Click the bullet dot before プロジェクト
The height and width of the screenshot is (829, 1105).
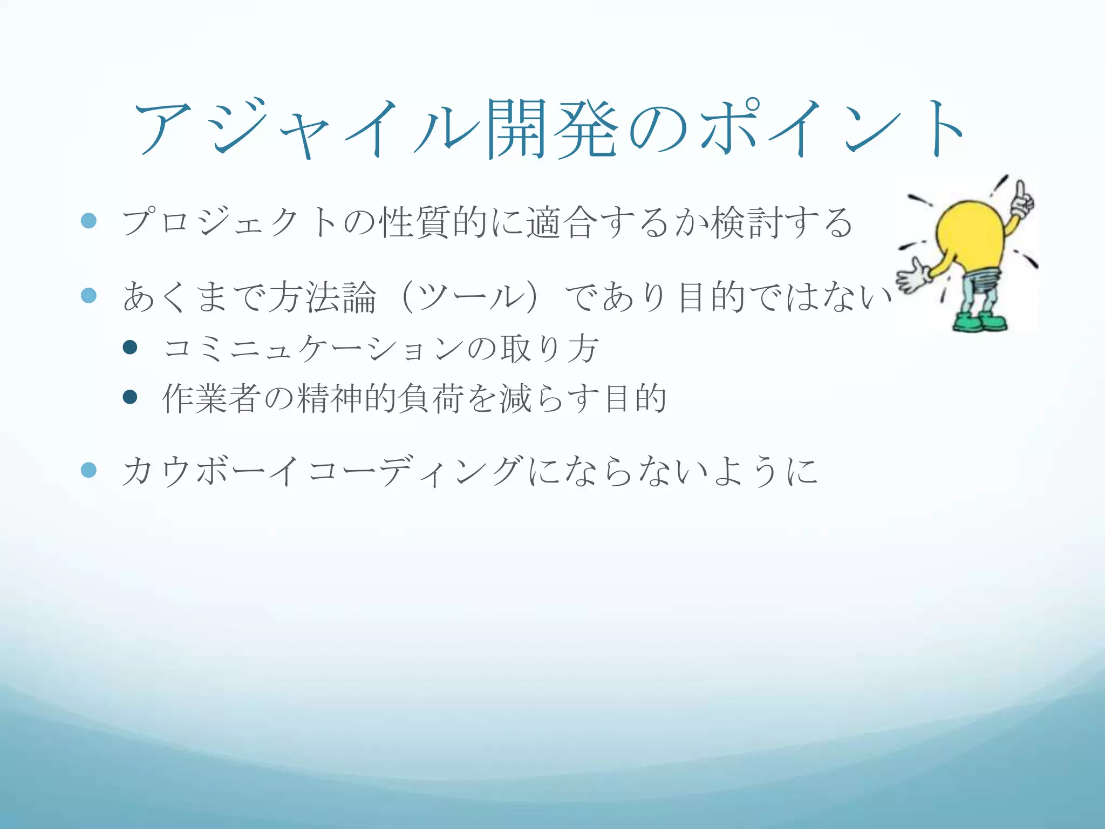[x=88, y=221]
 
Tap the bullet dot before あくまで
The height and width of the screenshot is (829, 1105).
[x=88, y=295]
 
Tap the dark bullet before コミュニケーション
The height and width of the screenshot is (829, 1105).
[x=130, y=347]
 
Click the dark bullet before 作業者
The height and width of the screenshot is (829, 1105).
[x=130, y=397]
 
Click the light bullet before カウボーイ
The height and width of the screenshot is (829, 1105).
[x=88, y=470]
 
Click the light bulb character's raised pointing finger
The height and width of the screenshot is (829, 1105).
[x=1021, y=192]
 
